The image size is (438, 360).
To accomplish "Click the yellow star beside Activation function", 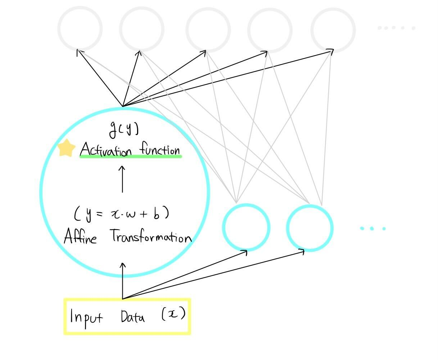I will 67,148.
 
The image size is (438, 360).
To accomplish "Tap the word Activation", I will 106,149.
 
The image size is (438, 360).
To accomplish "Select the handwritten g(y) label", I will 124,130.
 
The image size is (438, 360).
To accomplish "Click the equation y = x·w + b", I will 122,214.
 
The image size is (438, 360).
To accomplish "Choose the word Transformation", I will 151,237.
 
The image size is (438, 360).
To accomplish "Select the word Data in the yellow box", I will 133,317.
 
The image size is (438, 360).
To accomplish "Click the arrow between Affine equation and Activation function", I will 122,179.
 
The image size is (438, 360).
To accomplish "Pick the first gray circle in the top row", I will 80,29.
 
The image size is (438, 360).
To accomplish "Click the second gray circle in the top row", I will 141,29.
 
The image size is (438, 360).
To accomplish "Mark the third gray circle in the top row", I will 208,30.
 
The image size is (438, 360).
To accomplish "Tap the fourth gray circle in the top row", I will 270,30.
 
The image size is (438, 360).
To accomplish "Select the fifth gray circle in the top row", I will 333,30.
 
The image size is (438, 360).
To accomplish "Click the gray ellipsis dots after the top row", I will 396,28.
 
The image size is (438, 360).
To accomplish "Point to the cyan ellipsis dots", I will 373,228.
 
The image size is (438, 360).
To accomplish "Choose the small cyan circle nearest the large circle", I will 246,228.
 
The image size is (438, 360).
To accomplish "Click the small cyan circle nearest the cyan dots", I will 310,228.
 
